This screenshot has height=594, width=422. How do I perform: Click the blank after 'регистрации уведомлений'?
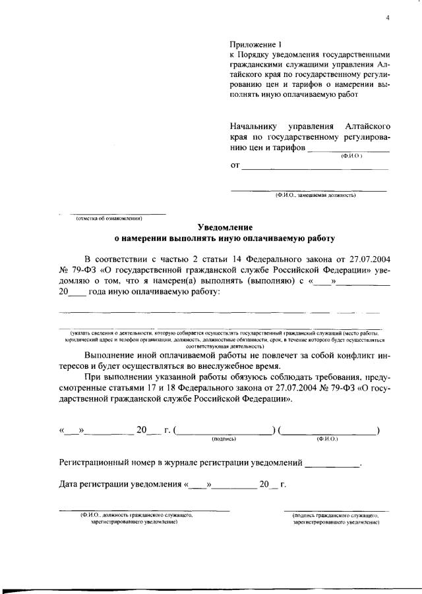(333, 463)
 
